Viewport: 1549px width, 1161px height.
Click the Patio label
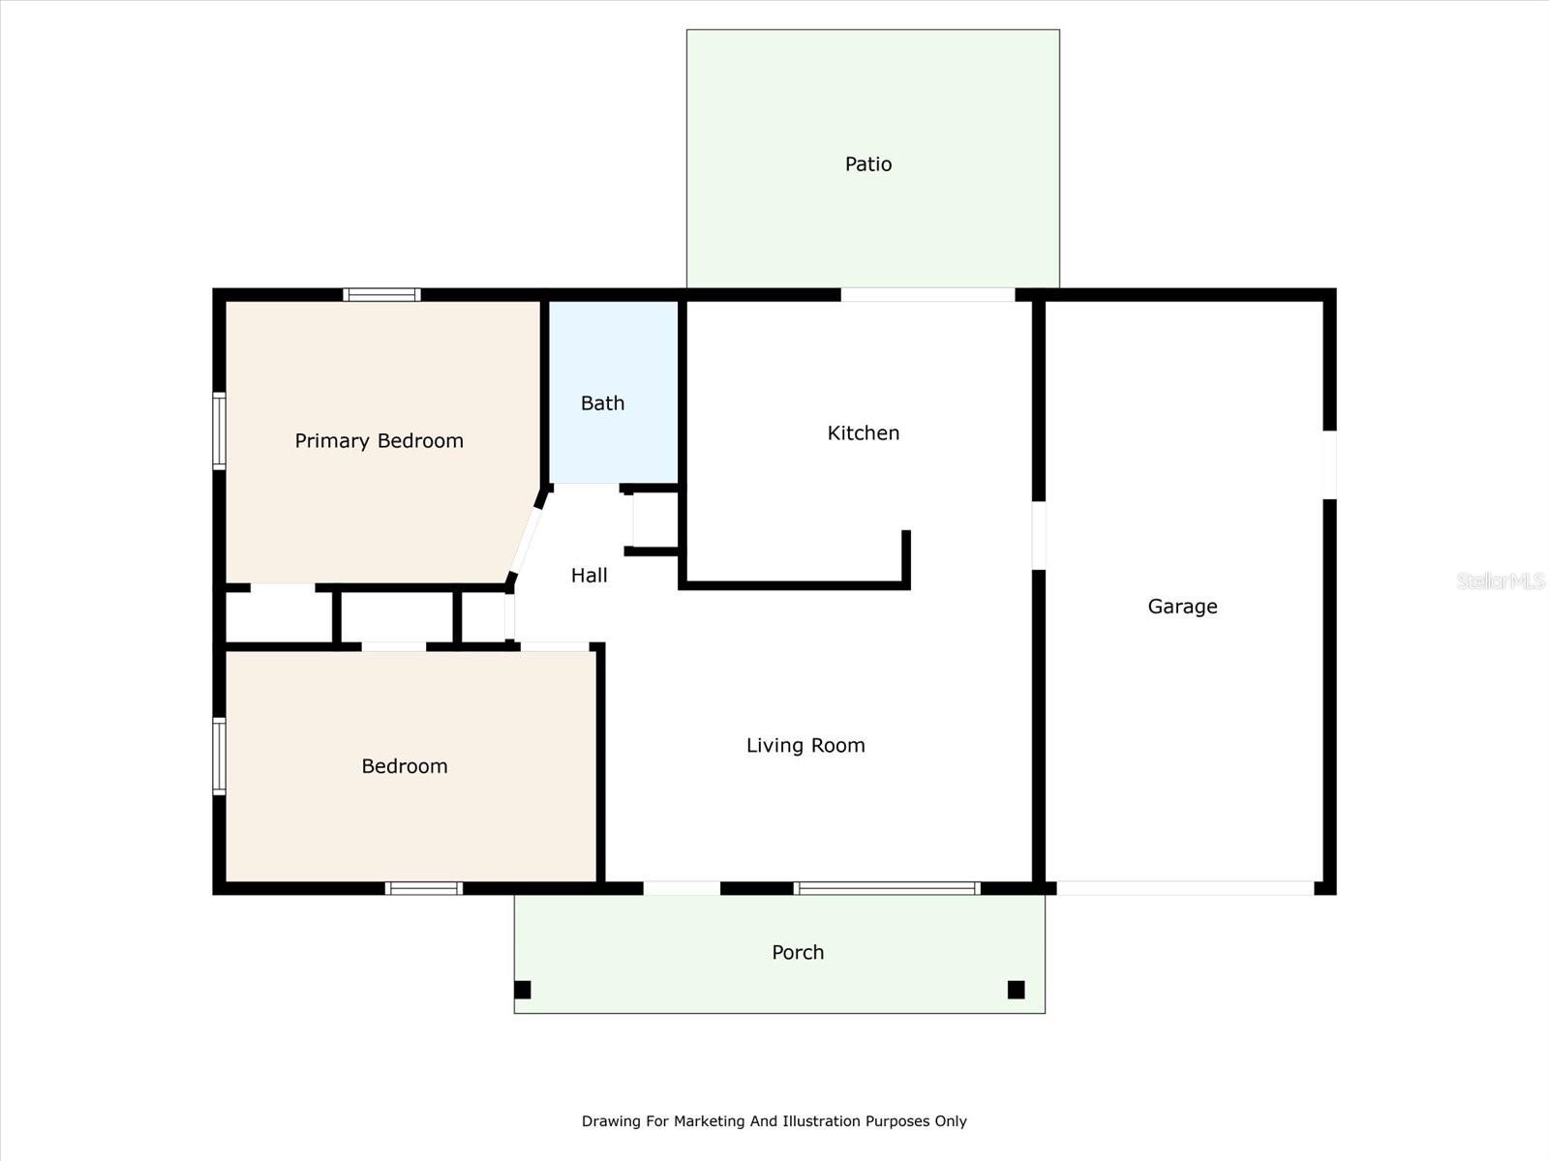point(868,164)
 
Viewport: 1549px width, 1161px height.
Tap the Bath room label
point(602,403)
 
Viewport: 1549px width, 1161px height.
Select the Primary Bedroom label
point(379,441)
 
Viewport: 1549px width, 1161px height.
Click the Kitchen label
point(863,433)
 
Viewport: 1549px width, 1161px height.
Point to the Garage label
point(1182,607)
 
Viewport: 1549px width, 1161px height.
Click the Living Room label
point(805,746)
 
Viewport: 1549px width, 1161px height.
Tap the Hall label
point(589,576)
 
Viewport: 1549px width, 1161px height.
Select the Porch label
point(798,953)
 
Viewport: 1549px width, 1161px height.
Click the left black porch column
point(523,990)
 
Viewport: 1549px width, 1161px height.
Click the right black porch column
point(1016,990)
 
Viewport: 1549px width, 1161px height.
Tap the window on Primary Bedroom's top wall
point(381,295)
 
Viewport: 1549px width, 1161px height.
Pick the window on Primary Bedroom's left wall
point(220,432)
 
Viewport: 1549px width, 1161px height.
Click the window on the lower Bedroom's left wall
point(220,756)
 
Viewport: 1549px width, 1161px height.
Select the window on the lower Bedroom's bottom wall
point(424,888)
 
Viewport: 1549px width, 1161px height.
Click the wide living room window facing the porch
point(887,888)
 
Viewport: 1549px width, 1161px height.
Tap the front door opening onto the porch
point(682,888)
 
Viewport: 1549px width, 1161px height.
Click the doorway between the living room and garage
point(1039,535)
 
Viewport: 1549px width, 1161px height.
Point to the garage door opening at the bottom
point(1185,888)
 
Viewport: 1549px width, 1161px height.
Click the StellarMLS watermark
point(1500,580)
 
